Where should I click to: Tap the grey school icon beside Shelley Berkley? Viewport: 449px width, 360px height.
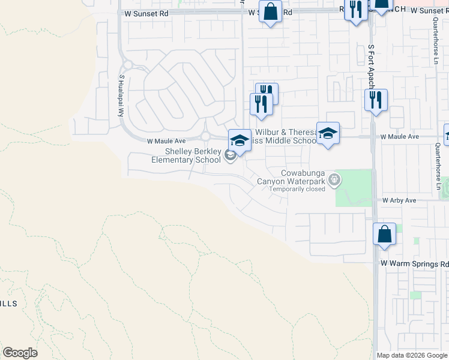230,156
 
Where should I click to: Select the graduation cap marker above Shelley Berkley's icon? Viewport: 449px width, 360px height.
239,141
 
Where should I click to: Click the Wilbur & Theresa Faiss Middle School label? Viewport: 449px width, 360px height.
285,136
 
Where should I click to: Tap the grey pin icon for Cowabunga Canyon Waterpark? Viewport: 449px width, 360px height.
335,179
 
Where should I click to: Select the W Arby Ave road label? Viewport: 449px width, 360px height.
399,200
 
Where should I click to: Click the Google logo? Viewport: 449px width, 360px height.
20,353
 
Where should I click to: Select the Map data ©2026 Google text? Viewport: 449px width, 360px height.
411,355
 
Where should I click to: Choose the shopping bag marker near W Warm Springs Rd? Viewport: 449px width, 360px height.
384,234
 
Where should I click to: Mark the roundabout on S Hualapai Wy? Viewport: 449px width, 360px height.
127,65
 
